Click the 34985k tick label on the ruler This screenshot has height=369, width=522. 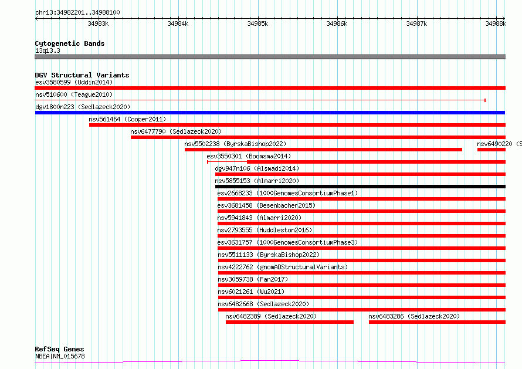257,23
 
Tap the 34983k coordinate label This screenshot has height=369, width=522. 98,23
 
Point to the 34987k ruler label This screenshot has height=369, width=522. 416,23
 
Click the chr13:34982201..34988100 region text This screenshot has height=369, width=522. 77,12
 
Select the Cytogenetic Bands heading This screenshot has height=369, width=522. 70,43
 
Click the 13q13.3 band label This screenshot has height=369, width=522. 48,50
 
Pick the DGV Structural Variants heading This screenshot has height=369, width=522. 82,75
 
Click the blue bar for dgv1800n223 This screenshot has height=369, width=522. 270,113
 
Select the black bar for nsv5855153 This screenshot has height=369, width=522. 360,187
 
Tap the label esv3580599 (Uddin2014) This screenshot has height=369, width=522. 74,82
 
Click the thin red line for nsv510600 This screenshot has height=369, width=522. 260,100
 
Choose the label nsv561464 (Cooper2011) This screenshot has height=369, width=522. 127,119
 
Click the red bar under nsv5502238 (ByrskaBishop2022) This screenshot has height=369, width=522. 323,150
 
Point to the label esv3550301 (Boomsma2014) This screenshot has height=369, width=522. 249,156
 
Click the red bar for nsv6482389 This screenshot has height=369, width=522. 290,322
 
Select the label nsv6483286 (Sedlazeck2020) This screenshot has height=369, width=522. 414,316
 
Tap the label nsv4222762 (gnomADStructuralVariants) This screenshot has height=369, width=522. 283,267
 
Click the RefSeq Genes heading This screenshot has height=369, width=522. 59,349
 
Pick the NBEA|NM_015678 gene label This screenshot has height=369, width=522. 60,356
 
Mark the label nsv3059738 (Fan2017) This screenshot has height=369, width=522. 253,279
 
